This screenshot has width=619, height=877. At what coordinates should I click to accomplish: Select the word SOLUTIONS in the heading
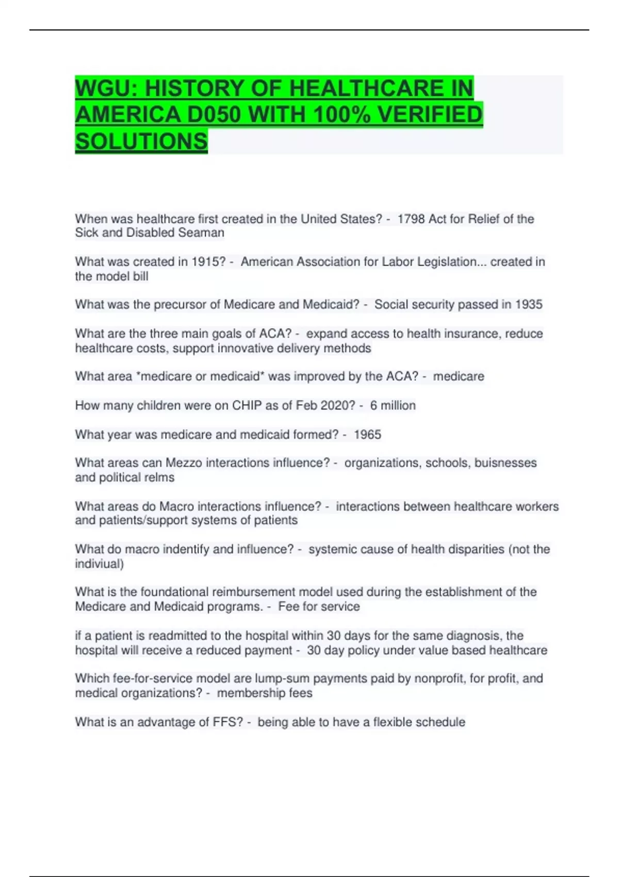[141, 141]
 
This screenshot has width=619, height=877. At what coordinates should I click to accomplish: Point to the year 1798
[411, 219]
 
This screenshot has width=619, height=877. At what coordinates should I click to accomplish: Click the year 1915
[208, 262]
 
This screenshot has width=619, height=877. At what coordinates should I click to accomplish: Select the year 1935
[529, 305]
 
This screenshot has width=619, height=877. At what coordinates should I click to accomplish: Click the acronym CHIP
[247, 406]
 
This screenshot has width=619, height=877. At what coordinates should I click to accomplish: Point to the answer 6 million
[393, 406]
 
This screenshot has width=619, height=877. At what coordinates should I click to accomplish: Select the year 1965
[367, 435]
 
